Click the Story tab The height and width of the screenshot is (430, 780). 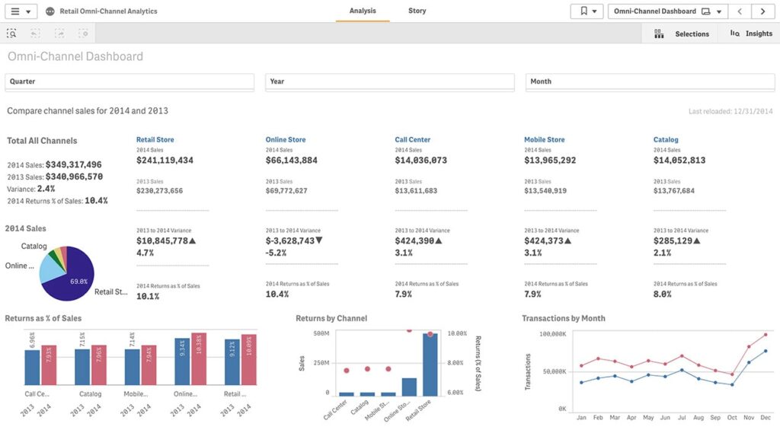pyautogui.click(x=417, y=11)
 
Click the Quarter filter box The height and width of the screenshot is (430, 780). pyautogui.click(x=129, y=81)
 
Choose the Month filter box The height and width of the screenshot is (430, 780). pyautogui.click(x=649, y=81)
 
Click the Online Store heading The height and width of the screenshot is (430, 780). pyautogui.click(x=286, y=140)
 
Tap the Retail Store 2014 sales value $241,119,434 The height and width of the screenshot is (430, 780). pyautogui.click(x=165, y=161)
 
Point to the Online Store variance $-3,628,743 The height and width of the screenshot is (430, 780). pyautogui.click(x=294, y=241)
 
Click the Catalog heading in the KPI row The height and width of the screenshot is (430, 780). pyautogui.click(x=666, y=140)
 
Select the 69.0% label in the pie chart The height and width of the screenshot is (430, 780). pyautogui.click(x=78, y=282)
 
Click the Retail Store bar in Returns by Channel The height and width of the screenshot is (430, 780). pyautogui.click(x=430, y=364)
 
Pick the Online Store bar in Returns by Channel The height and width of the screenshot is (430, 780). pyautogui.click(x=409, y=386)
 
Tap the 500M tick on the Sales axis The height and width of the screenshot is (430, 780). pyautogui.click(x=321, y=333)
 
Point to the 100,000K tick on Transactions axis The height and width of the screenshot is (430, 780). pyautogui.click(x=553, y=334)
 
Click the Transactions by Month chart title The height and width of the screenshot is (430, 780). pyautogui.click(x=564, y=318)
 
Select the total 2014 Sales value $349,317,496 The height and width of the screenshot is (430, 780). pyautogui.click(x=74, y=164)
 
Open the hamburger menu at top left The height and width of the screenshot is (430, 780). pyautogui.click(x=20, y=11)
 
